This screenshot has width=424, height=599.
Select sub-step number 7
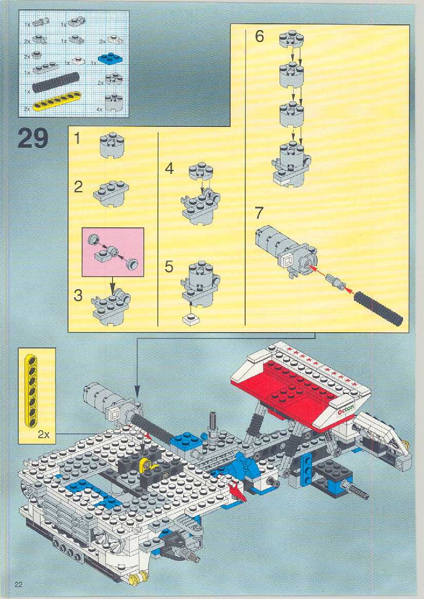(x=259, y=213)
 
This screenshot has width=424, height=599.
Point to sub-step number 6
(x=259, y=36)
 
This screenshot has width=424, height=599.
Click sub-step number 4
(x=169, y=168)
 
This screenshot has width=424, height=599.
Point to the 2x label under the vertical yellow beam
(x=44, y=434)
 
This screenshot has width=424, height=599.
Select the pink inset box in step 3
(x=113, y=252)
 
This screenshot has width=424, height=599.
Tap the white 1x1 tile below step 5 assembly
(x=191, y=319)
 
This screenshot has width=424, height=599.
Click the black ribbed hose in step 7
(x=379, y=308)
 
